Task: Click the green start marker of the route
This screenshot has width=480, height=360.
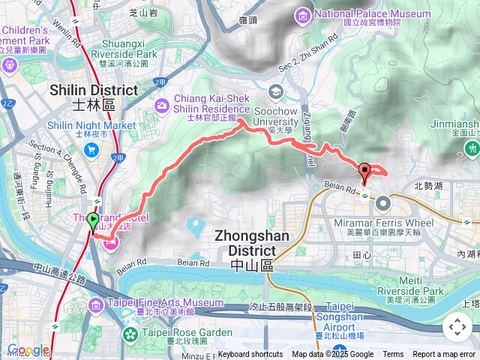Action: click(x=93, y=221)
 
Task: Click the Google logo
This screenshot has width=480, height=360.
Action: click(x=28, y=350)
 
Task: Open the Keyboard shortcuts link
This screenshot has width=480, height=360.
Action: click(x=250, y=355)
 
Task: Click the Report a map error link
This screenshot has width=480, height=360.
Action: click(x=445, y=355)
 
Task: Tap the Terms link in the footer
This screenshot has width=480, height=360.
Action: click(x=393, y=355)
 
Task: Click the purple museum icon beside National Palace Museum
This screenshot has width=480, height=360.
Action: click(x=302, y=15)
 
